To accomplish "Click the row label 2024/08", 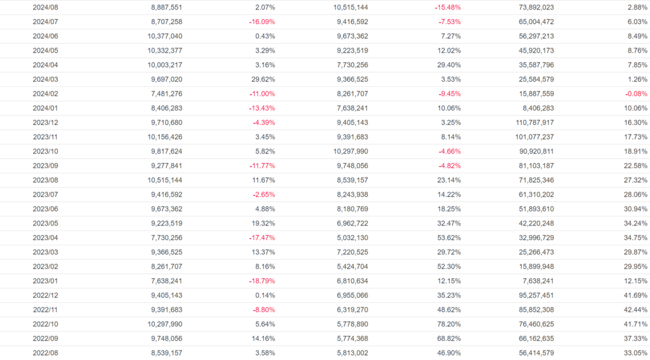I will [x=46, y=7].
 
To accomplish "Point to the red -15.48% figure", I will [x=447, y=7].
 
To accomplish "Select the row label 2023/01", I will [x=46, y=281].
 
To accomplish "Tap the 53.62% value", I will [x=448, y=238].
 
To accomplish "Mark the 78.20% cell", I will [x=448, y=324].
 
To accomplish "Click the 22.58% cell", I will [x=635, y=166].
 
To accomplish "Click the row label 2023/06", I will [x=46, y=209].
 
